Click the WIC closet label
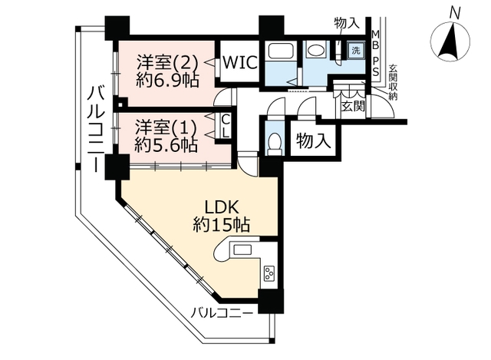240,63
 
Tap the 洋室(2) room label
167,63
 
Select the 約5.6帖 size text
166,145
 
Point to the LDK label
222,207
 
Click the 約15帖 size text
222,225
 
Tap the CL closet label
226,126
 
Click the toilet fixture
275,144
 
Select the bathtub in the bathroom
280,51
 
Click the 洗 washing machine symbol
356,50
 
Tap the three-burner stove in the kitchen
269,273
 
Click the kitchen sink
242,249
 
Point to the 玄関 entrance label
353,107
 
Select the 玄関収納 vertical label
393,82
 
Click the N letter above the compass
455,14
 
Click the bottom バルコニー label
222,313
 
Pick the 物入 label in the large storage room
314,140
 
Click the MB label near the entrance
375,39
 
